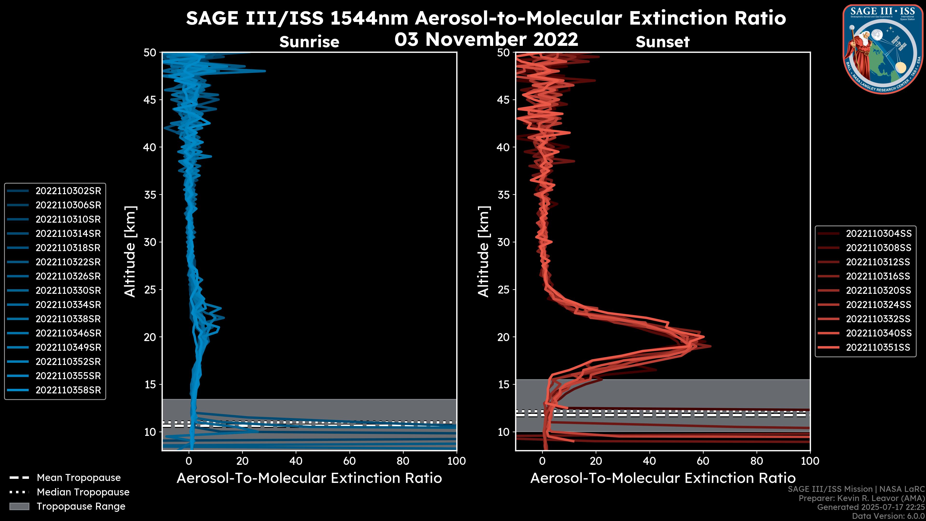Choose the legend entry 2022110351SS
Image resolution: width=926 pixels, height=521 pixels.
tap(878, 347)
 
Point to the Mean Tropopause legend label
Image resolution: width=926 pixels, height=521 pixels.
tap(79, 478)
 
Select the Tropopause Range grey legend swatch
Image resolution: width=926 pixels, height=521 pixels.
tap(19, 506)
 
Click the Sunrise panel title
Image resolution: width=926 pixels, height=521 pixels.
tap(309, 42)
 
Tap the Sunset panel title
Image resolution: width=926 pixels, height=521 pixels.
tap(662, 42)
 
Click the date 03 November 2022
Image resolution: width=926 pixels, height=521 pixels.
tap(486, 40)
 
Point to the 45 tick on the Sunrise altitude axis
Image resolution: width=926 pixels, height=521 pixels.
tap(150, 100)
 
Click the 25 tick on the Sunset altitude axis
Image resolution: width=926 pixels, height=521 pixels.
tap(503, 289)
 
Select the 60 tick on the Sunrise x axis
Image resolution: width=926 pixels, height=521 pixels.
tap(349, 461)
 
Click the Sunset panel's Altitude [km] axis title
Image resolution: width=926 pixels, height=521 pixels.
tap(484, 251)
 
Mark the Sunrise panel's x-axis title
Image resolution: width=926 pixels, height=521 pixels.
tap(309, 478)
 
